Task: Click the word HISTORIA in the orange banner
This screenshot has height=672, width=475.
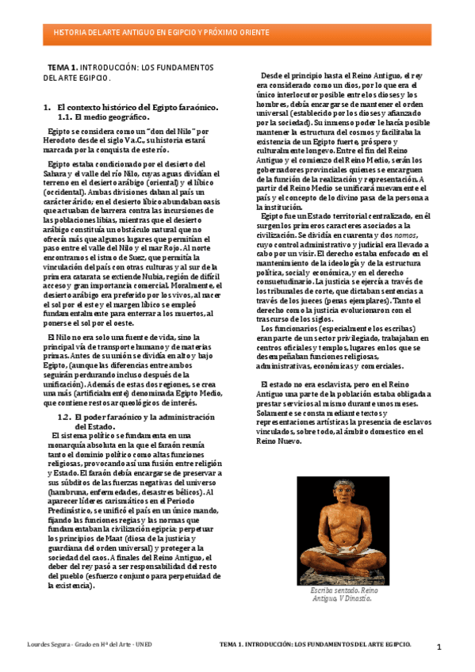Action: coord(67,32)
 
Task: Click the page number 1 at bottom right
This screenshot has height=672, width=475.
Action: coord(439,647)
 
